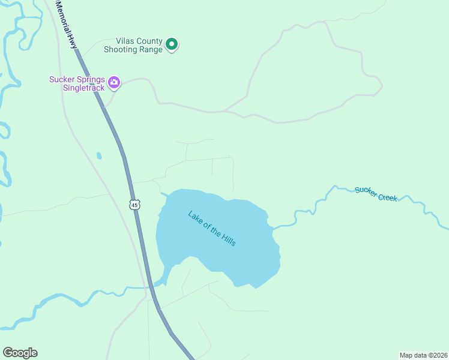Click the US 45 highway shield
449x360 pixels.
click(134, 205)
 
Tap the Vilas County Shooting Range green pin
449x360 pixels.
click(172, 44)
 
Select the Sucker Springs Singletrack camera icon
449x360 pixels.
click(114, 82)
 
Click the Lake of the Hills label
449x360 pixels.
click(212, 228)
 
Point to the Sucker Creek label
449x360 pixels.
click(376, 194)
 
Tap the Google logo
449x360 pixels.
click(20, 353)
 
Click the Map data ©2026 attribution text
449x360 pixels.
click(424, 355)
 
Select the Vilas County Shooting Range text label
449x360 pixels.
click(133, 45)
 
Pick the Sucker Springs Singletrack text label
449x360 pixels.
click(77, 83)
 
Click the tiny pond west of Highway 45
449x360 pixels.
click(99, 156)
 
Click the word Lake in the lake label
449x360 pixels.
click(196, 217)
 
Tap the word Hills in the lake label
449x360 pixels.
click(228, 239)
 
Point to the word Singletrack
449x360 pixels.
click(83, 88)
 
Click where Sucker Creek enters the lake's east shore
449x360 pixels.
click(273, 229)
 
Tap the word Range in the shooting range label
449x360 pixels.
click(150, 50)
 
